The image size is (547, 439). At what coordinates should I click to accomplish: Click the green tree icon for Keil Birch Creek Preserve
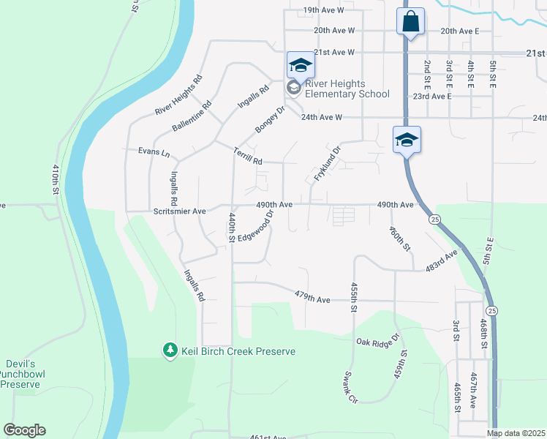170,351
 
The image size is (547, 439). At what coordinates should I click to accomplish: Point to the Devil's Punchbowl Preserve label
20,374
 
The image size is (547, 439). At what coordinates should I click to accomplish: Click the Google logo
24,430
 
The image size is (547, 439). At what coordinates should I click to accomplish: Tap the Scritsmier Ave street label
176,210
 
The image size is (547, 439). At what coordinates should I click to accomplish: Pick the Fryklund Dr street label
328,165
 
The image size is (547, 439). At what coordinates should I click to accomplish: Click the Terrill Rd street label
248,154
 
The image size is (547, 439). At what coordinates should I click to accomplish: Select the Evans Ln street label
154,154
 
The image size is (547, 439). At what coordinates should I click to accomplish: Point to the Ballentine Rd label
192,116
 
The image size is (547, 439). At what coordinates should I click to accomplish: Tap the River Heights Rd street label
178,95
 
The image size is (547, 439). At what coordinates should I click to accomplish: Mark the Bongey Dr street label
269,120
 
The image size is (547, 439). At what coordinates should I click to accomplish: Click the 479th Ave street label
314,299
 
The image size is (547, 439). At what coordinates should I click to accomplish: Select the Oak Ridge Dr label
377,340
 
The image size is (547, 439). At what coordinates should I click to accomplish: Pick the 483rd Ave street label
442,260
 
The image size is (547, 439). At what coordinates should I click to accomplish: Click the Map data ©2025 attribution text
515,433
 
